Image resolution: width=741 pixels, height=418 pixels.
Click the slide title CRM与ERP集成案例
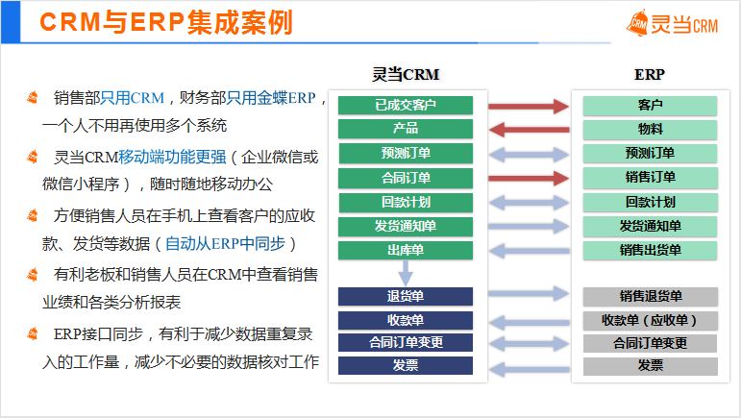tap(166, 22)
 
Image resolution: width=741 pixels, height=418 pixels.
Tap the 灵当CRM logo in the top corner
tap(672, 23)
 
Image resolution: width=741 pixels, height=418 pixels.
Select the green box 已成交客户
tap(406, 106)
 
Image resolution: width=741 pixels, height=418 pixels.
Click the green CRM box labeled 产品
tap(406, 129)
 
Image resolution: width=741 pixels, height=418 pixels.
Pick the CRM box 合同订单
tap(406, 178)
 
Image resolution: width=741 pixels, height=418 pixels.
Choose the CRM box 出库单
tap(406, 251)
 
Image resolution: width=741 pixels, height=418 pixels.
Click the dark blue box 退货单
tap(406, 297)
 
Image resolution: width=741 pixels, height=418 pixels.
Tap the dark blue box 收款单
tap(406, 320)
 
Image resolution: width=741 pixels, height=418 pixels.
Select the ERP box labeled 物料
tap(650, 130)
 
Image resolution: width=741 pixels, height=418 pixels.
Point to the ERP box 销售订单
tap(650, 178)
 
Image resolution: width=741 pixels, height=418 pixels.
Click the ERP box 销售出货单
tap(650, 251)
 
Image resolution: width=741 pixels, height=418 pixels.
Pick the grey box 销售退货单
tap(651, 297)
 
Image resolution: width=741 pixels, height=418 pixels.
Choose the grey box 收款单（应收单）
tap(651, 321)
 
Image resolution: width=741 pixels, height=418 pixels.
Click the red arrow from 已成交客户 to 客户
tap(529, 107)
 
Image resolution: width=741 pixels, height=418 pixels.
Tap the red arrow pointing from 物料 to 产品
tap(529, 130)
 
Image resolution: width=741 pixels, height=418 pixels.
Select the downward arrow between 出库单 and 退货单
tap(406, 273)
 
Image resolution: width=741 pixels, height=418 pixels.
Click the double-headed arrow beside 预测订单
tap(529, 155)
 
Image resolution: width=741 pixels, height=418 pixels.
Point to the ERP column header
tap(650, 75)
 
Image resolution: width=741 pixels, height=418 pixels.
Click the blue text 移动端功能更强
tap(172, 158)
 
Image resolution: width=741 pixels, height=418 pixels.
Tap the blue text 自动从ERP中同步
tap(226, 244)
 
